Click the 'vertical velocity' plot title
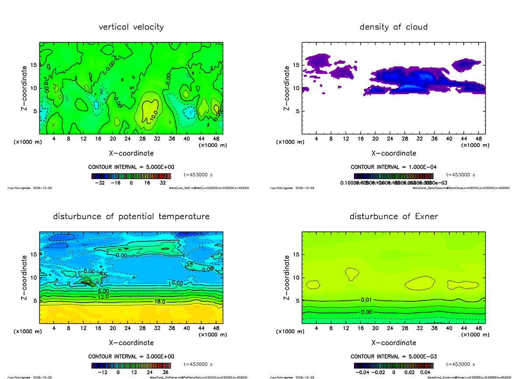(x=131, y=27)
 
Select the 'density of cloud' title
(x=393, y=27)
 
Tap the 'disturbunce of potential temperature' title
(x=131, y=217)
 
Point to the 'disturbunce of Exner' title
(x=393, y=217)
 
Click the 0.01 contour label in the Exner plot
(x=367, y=300)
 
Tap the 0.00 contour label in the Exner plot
(x=367, y=312)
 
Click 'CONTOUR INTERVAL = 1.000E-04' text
(x=394, y=167)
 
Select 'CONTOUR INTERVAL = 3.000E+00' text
(x=131, y=356)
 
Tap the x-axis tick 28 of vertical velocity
(x=142, y=139)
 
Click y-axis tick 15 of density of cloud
(x=296, y=65)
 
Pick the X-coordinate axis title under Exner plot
(x=394, y=343)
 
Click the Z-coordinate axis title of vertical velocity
(x=25, y=88)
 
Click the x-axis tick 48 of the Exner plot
(x=478, y=328)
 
